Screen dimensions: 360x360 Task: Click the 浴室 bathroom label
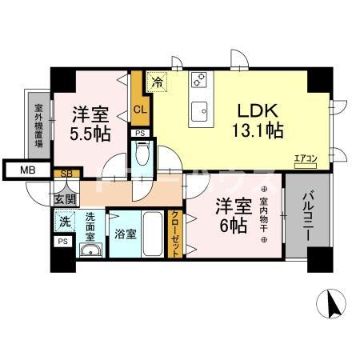(125, 236)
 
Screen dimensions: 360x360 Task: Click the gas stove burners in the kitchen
(198, 80)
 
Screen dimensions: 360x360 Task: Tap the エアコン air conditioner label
(305, 158)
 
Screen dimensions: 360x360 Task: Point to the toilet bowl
(142, 152)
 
